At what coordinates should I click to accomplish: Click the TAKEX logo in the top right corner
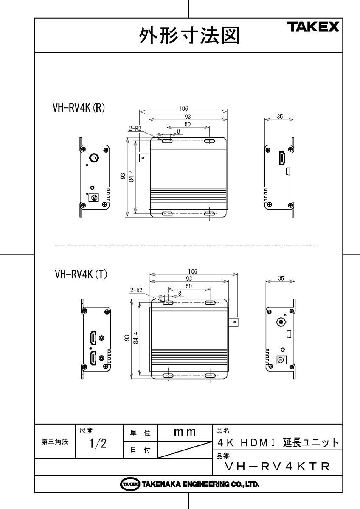pos(314,28)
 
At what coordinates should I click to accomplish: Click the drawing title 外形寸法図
pos(188,36)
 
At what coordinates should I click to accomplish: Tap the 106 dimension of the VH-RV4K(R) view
pos(183,109)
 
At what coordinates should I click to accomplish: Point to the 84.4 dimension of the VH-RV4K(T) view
pos(136,337)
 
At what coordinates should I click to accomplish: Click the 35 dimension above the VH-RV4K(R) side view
pos(279,117)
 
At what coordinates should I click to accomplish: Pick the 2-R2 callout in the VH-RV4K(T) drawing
pos(136,291)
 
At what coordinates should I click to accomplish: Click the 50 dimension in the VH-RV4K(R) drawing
pos(187,124)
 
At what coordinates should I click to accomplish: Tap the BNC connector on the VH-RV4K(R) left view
pos(92,158)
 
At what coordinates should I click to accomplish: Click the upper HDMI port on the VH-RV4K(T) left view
pos(93,338)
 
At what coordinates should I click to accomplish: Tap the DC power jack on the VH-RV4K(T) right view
pos(281,360)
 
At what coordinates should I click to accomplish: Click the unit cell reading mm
pos(185,432)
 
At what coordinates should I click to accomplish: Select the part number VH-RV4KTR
pos(277,467)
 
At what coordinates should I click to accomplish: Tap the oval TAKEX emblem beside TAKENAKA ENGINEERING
pos(130,484)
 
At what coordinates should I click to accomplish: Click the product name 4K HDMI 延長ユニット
pos(278,443)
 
